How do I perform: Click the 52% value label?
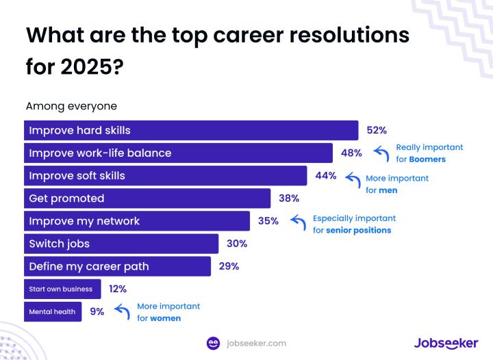pyautogui.click(x=377, y=130)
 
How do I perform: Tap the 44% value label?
pyautogui.click(x=326, y=175)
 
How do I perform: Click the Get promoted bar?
pyautogui.click(x=147, y=198)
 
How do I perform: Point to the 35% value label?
pyautogui.click(x=268, y=221)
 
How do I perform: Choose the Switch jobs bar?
pyautogui.click(x=121, y=244)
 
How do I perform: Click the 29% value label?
pyautogui.click(x=229, y=266)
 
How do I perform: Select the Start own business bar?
pyautogui.click(x=62, y=289)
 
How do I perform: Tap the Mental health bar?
pyautogui.click(x=53, y=311)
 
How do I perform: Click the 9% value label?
pyautogui.click(x=97, y=311)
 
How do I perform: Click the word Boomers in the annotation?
pyautogui.click(x=427, y=159)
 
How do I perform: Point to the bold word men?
pyautogui.click(x=388, y=190)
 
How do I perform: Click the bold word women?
pyautogui.click(x=166, y=318)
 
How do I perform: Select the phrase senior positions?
pyautogui.click(x=359, y=231)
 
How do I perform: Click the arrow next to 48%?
pyautogui.click(x=381, y=153)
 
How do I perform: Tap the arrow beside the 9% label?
pyautogui.click(x=121, y=311)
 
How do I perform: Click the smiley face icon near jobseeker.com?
pyautogui.click(x=214, y=343)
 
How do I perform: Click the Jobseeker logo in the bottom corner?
pyautogui.click(x=446, y=343)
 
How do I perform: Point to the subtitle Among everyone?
pyautogui.click(x=71, y=106)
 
